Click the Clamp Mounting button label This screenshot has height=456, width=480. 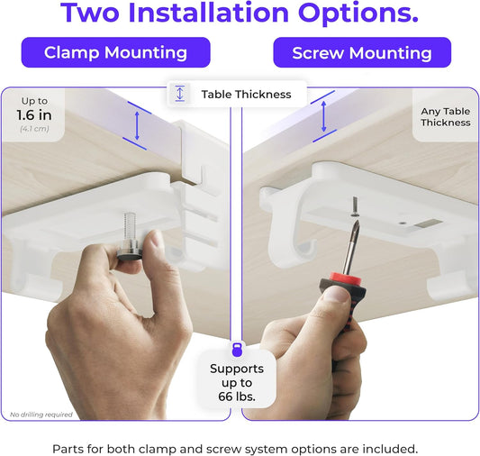(115, 52)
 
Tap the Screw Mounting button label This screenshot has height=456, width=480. (362, 52)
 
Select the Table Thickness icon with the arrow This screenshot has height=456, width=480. (180, 94)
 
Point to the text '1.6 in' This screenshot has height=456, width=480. (32, 114)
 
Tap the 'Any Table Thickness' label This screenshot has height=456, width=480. (445, 117)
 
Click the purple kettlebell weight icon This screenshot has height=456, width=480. (237, 349)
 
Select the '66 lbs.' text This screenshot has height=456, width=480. (236, 397)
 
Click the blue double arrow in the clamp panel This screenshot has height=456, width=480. (136, 123)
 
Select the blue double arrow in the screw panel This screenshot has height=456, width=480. (323, 116)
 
